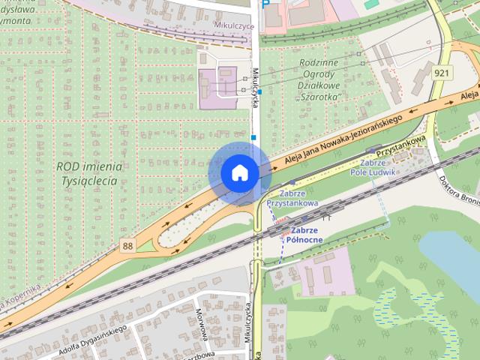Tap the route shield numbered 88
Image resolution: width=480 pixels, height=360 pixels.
pos(127,245)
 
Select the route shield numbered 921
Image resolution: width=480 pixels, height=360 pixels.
pos(441,73)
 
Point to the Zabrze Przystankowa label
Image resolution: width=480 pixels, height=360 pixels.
pos(292,197)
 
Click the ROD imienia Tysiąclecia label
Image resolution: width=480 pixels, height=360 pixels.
pos(87,173)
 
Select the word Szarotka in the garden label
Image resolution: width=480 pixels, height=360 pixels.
pos(319,97)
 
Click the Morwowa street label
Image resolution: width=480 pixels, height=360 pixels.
pos(200,319)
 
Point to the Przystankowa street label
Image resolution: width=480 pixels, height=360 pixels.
pos(401,145)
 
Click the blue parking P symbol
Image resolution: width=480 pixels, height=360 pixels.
pos(267,5)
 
